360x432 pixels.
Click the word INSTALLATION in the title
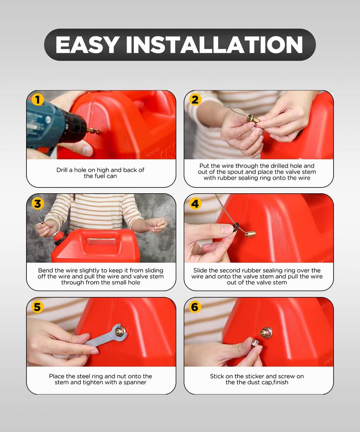click(x=214, y=45)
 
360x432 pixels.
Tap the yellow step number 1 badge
click(x=38, y=100)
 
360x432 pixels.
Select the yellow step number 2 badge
click(x=195, y=100)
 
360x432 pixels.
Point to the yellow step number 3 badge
click(x=38, y=204)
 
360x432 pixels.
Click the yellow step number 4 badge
click(x=195, y=204)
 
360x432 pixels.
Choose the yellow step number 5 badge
click(x=38, y=307)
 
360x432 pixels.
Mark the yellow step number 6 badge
click(x=195, y=307)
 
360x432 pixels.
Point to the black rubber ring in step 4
click(x=235, y=227)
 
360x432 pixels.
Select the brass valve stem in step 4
click(x=251, y=233)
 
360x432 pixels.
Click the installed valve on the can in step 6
click(x=266, y=332)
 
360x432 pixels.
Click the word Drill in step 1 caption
click(x=64, y=170)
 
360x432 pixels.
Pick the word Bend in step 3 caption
click(x=46, y=270)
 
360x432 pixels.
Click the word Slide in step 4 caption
click(x=201, y=270)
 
